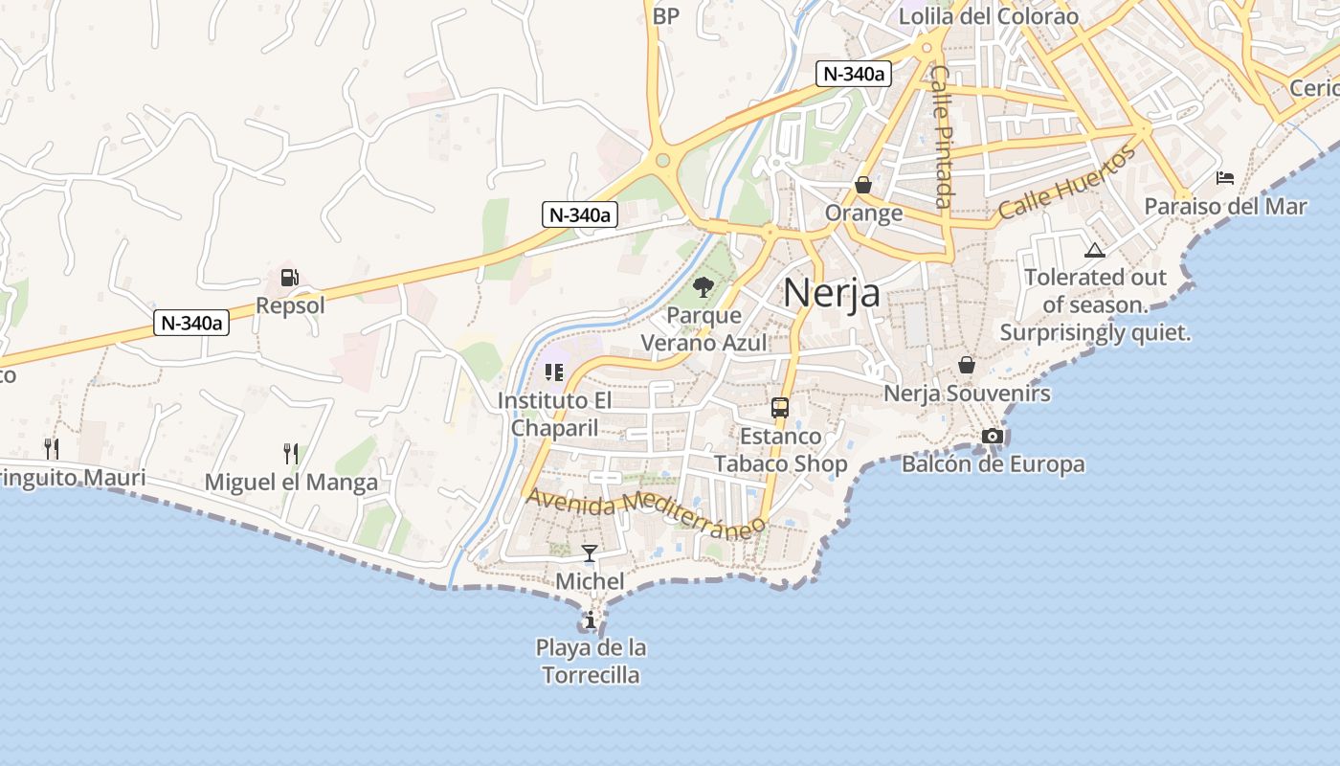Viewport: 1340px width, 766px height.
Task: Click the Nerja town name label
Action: click(x=832, y=292)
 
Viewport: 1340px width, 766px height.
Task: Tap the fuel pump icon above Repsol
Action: click(x=289, y=279)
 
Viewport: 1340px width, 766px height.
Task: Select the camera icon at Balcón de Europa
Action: click(x=993, y=437)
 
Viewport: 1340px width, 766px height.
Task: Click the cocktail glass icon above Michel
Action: click(x=590, y=553)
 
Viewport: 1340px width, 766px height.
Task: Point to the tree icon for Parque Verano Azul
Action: click(x=703, y=286)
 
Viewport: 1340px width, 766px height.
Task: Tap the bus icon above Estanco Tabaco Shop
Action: click(x=780, y=408)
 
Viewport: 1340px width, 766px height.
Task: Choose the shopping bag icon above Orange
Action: click(x=863, y=185)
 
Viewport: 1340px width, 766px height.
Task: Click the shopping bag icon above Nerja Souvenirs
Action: click(x=967, y=365)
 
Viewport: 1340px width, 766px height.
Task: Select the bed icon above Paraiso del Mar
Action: click(x=1225, y=178)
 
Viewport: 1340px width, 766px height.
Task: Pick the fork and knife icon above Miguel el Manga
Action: click(x=291, y=453)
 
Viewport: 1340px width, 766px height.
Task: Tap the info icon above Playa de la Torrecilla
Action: click(x=591, y=620)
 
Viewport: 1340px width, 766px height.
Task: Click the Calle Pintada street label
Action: click(x=943, y=136)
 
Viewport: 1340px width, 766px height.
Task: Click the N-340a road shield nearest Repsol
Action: click(x=192, y=323)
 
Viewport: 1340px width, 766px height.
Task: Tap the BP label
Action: click(x=666, y=15)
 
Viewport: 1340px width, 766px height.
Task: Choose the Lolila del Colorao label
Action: click(x=989, y=16)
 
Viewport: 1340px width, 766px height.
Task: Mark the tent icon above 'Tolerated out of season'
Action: click(x=1095, y=251)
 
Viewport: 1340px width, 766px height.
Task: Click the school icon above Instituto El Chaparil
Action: click(x=553, y=372)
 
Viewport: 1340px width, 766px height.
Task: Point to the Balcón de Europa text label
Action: click(x=994, y=464)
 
